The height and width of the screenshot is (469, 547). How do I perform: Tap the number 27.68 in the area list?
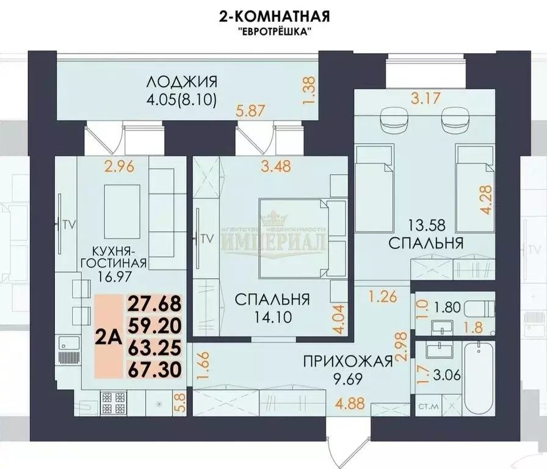coord(154,304)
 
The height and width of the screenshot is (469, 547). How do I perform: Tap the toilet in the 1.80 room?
coord(482,308)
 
